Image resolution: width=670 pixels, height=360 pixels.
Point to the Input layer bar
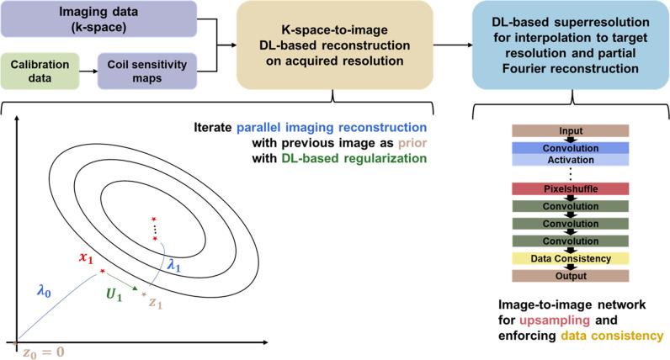pos(571,130)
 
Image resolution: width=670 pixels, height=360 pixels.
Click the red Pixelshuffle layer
pos(571,190)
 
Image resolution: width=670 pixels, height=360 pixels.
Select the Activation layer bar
pos(571,159)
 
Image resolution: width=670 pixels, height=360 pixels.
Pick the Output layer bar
pos(571,276)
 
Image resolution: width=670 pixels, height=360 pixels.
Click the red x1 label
pos(87,260)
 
